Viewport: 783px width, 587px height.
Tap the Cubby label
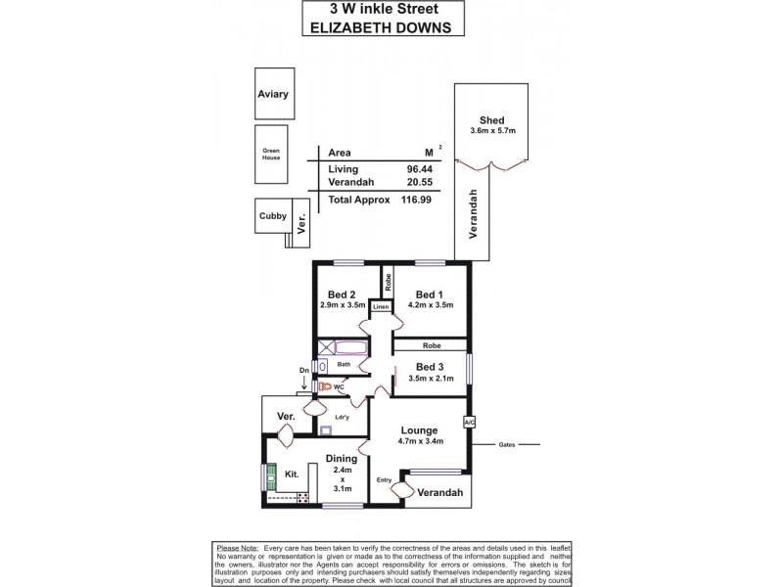273,216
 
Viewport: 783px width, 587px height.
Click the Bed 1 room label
430,294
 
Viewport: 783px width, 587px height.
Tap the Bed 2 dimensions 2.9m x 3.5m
343,305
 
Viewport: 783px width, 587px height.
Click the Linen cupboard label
381,307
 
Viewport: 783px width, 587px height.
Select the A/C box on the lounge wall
469,423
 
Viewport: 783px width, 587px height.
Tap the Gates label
507,444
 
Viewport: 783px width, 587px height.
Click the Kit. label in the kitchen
291,474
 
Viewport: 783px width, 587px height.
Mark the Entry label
385,479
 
